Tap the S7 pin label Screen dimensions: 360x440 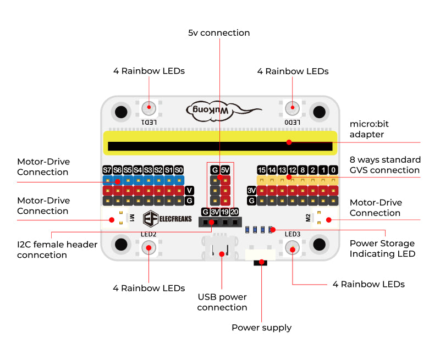(107, 170)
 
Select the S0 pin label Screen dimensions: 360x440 (179, 170)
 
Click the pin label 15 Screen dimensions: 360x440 (262, 170)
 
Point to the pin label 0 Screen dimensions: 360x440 (333, 170)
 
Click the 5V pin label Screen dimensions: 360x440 (225, 170)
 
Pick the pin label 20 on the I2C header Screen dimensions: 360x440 (235, 212)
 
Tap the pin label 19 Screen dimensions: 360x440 (226, 212)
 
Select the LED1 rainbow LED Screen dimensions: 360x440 (148, 108)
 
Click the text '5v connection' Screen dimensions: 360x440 (219, 33)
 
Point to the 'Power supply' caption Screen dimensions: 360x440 (261, 328)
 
